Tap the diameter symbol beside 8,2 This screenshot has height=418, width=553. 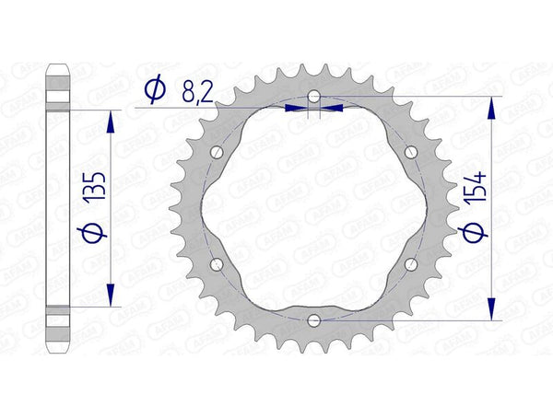(155, 89)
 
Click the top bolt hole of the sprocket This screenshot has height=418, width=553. (314, 97)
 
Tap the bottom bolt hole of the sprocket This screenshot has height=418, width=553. (314, 320)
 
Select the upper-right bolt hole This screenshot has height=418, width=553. (411, 152)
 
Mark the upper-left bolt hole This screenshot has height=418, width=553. (218, 152)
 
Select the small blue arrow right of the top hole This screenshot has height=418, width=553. (333, 108)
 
